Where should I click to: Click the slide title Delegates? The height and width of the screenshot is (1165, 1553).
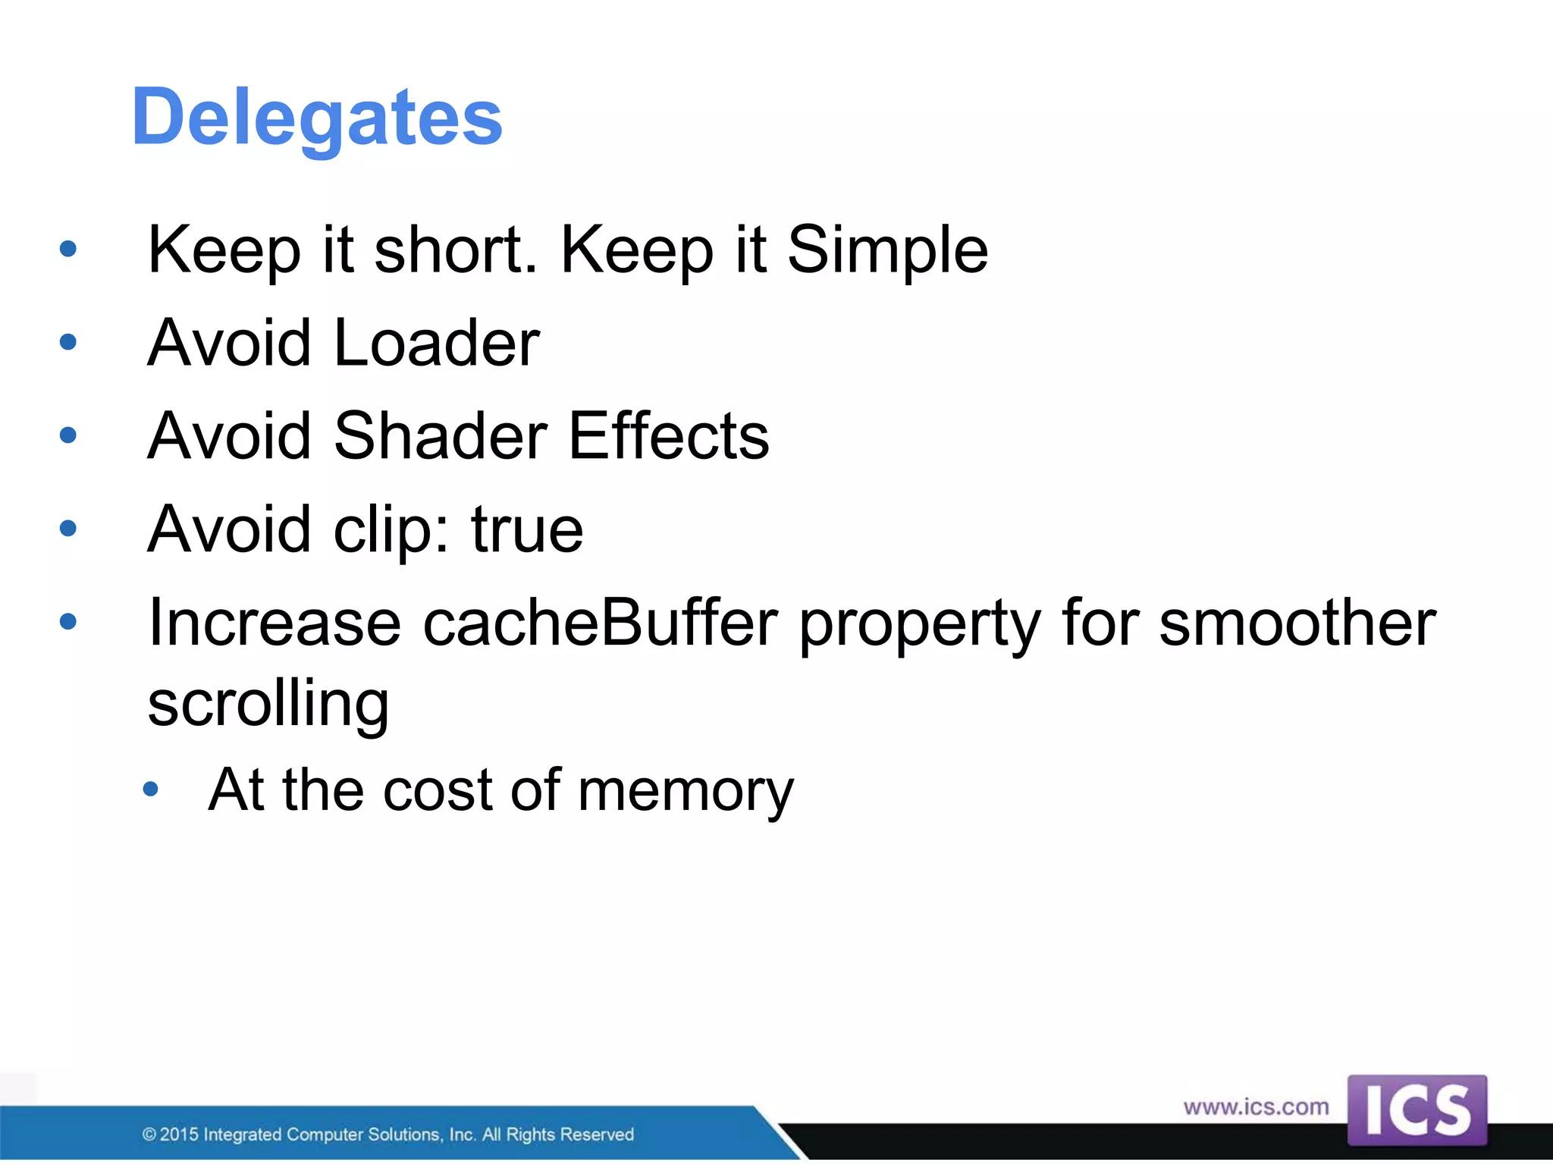[x=317, y=118]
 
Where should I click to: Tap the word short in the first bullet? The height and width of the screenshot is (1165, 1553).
[x=455, y=250]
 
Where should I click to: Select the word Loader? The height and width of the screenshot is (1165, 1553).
[x=436, y=343]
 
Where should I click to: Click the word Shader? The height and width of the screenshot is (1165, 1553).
[x=440, y=436]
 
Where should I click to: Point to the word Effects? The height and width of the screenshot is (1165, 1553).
[x=669, y=436]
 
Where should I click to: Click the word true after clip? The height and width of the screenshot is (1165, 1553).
[x=527, y=529]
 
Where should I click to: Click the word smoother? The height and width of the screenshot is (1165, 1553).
[x=1297, y=623]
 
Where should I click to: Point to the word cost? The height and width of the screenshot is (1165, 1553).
[x=438, y=791]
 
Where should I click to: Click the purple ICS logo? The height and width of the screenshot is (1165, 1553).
[x=1417, y=1110]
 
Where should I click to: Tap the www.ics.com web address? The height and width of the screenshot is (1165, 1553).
[x=1256, y=1107]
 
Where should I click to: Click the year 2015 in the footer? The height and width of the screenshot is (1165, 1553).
[x=179, y=1135]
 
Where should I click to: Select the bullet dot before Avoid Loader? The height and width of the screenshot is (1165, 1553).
[x=68, y=342]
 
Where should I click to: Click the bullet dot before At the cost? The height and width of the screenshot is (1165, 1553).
[x=150, y=790]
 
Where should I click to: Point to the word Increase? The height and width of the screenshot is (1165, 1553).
[x=275, y=623]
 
